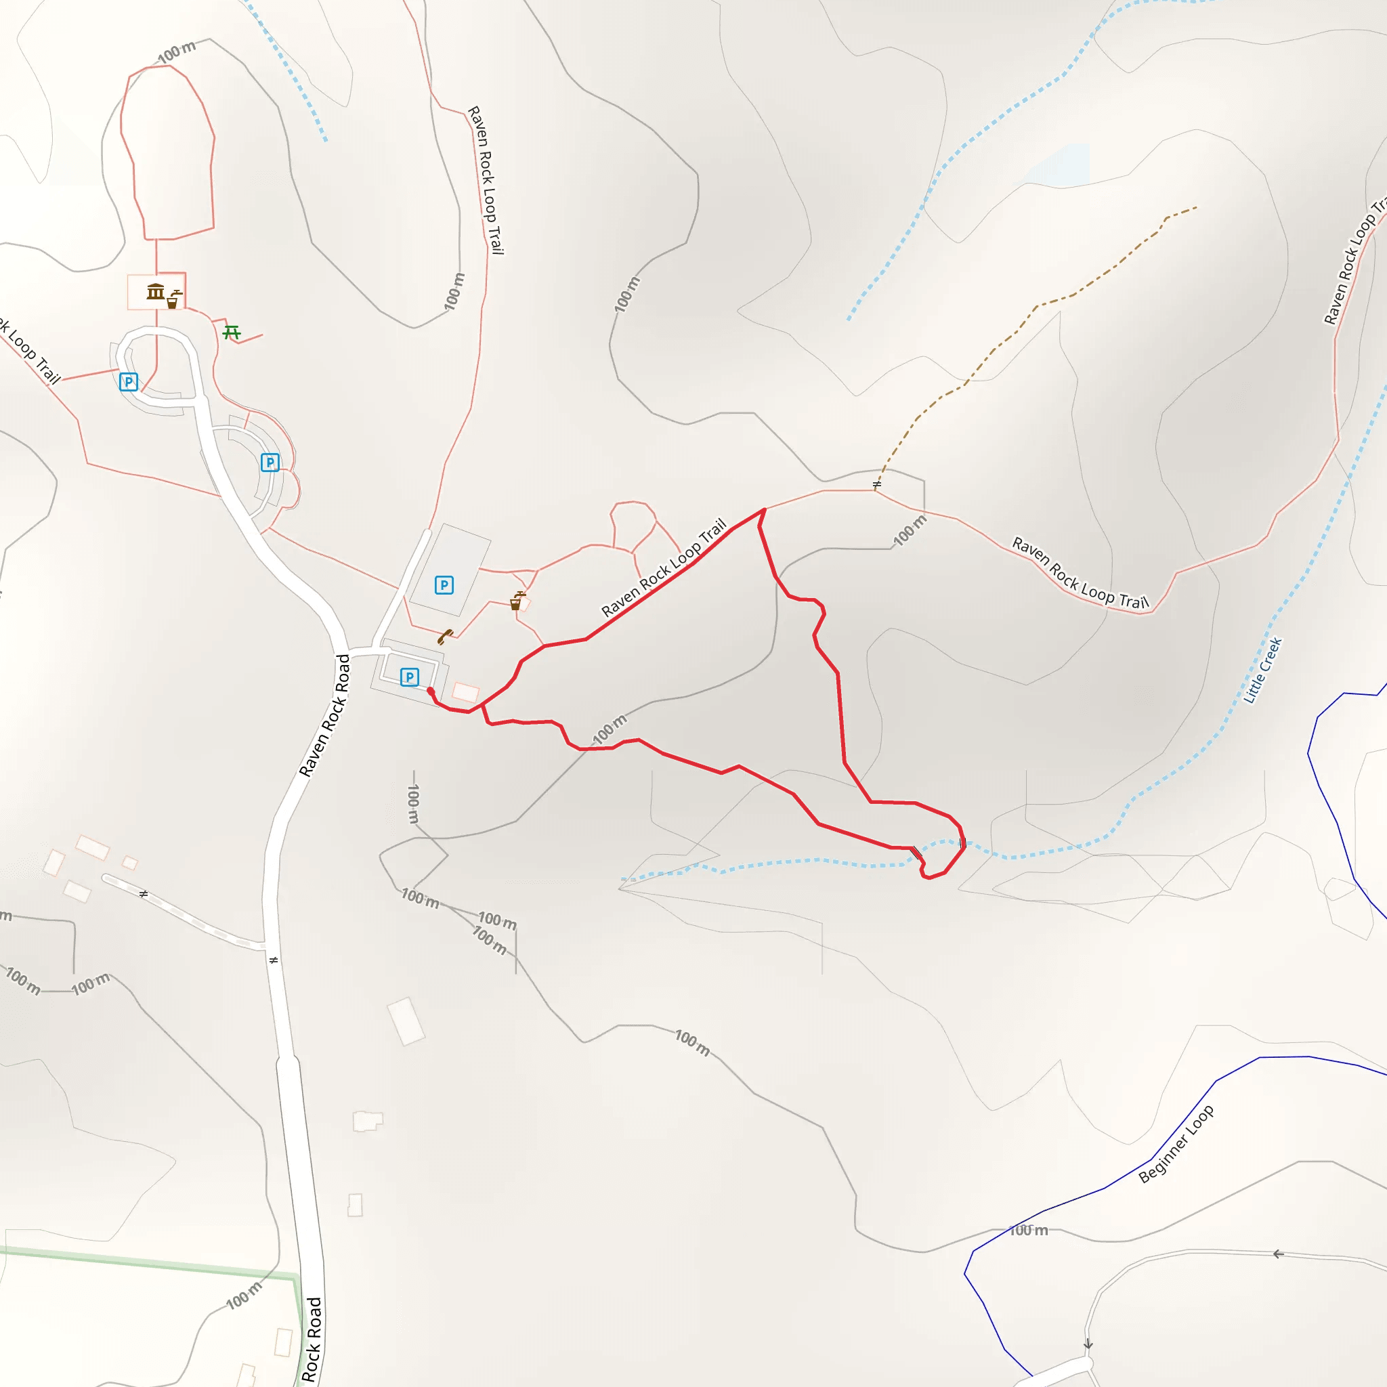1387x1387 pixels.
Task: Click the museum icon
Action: coord(155,291)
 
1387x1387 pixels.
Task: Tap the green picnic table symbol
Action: coord(231,332)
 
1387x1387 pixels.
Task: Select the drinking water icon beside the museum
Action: coord(173,299)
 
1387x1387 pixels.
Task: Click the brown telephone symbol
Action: coord(445,637)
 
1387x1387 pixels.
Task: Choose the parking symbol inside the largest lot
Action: coord(444,585)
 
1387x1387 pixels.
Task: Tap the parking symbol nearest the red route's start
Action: coord(409,677)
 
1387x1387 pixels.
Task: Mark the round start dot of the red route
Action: coord(430,691)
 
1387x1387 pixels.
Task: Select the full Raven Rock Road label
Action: coord(325,715)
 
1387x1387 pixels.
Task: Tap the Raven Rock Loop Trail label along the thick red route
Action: coord(664,567)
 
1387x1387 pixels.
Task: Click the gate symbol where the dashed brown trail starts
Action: coord(876,485)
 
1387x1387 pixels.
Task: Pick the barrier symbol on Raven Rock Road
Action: coord(273,960)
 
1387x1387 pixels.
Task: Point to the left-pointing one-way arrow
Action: coord(1278,1254)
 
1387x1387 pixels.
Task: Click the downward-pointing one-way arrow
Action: coord(1088,1343)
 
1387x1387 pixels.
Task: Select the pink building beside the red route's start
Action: coord(465,692)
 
